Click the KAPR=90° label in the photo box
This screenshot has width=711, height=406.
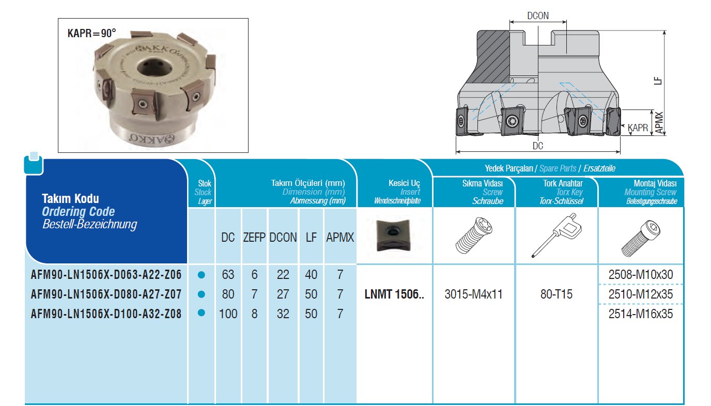92,33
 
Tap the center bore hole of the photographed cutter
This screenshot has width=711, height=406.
154,69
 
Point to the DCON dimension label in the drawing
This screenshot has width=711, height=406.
538,15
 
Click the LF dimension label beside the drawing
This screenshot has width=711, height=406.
658,81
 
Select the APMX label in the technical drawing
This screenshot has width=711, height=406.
659,123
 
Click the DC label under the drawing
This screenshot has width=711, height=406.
538,146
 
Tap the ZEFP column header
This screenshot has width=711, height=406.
254,237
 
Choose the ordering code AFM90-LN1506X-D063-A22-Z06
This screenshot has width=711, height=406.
106,274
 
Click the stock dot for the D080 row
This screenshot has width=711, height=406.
201,294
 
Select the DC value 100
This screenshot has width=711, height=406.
228,314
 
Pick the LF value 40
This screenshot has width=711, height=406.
311,274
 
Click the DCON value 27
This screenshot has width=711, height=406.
283,294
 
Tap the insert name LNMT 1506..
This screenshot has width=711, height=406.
394,294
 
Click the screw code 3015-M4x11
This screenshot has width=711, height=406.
473,294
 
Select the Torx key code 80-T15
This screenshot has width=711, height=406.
557,294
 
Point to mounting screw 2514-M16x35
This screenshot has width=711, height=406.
641,314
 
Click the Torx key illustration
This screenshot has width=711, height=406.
556,236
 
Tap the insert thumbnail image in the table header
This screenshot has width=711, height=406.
393,235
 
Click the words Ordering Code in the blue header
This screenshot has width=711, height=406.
79,212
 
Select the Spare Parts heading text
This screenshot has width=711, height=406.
558,168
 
